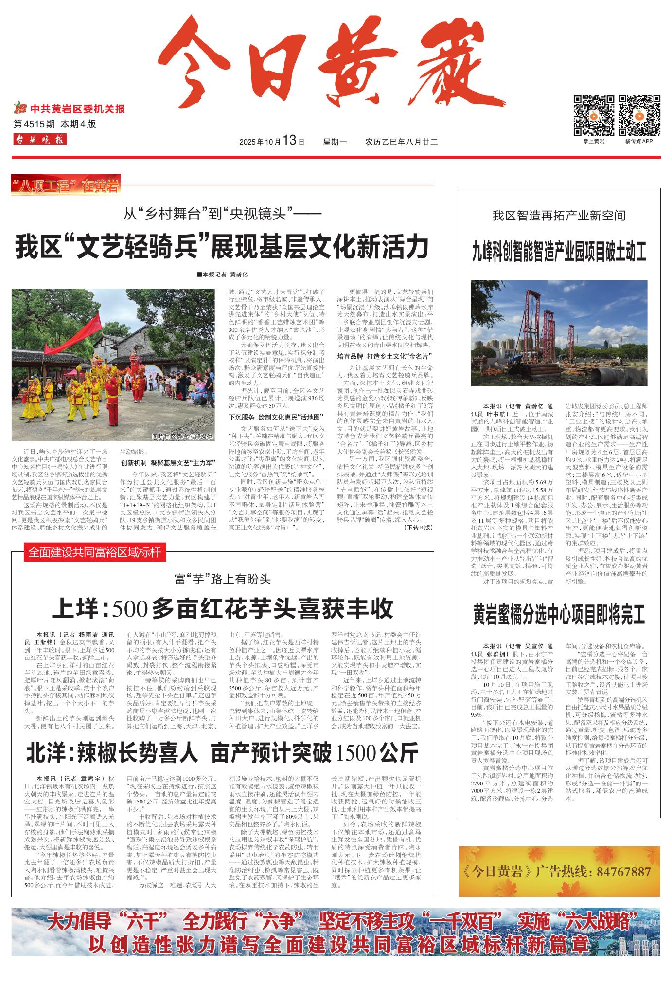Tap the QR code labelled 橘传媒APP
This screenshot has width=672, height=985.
tap(639, 116)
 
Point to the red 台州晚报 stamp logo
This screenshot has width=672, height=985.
tap(40, 140)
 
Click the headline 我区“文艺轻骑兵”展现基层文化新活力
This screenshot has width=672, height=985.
tap(223, 247)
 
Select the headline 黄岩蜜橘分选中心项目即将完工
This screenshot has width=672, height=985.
tap(559, 615)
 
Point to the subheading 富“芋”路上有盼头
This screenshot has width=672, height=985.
tap(223, 579)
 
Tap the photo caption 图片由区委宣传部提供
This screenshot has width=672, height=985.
tap(182, 437)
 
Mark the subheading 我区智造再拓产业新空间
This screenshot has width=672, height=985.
tap(559, 216)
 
